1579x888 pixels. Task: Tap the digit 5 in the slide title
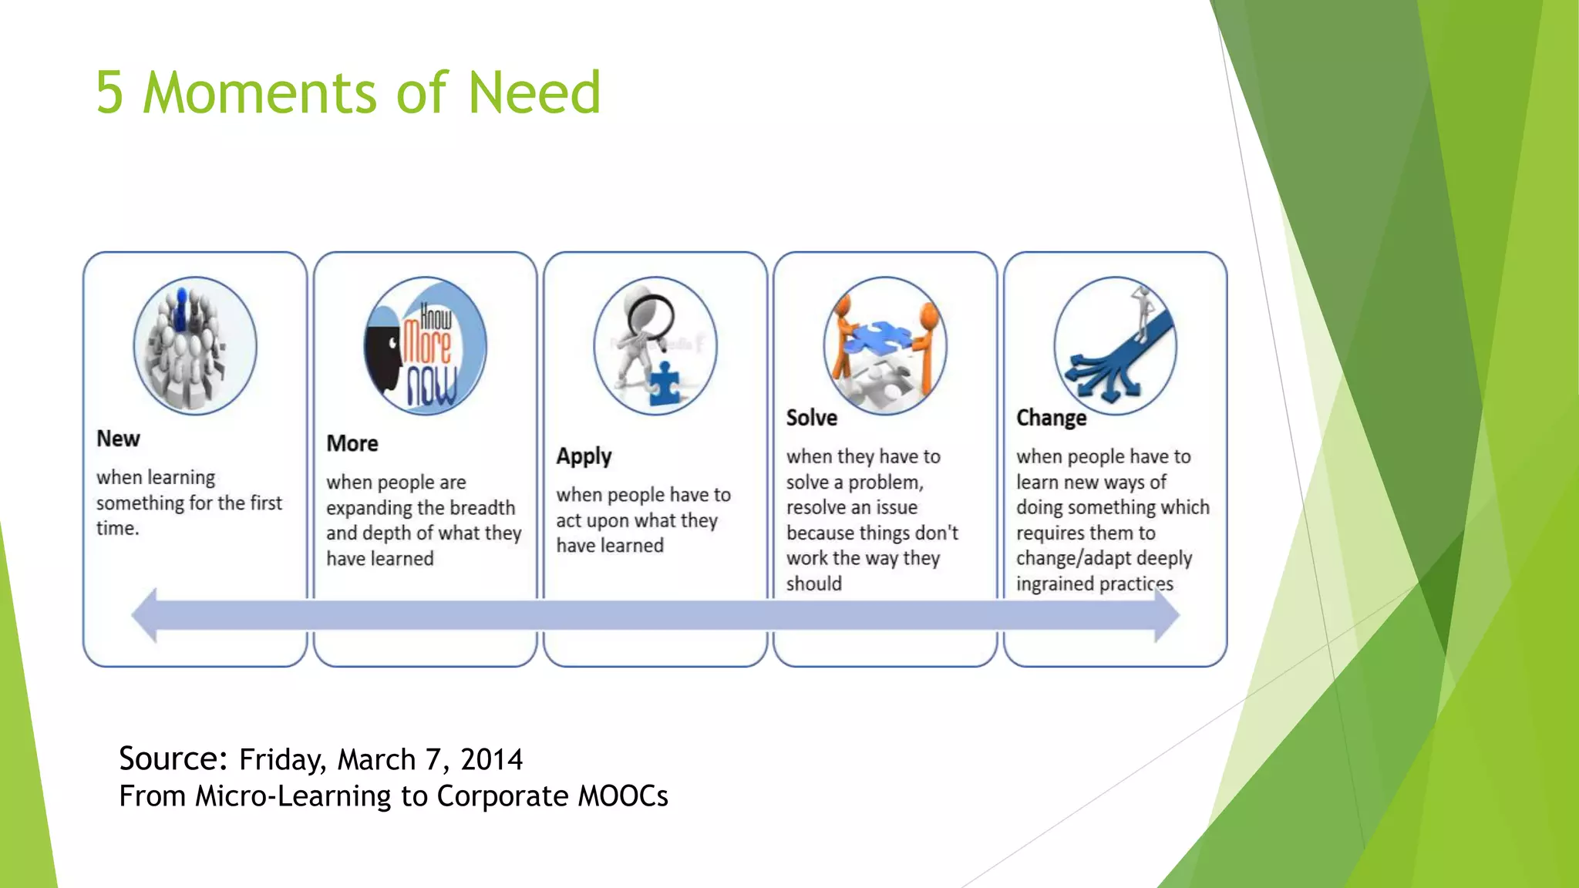(109, 92)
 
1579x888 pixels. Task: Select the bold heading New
(118, 439)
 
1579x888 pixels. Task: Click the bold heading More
(352, 443)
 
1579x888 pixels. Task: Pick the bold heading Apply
(584, 456)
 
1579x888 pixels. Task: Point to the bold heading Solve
(811, 418)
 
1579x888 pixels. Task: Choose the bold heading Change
(1051, 418)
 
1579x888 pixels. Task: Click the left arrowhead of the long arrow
(145, 614)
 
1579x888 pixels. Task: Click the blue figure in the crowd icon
(182, 309)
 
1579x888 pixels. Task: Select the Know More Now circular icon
(425, 346)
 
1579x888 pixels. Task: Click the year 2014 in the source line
(491, 759)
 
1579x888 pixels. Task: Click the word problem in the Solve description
(885, 483)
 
